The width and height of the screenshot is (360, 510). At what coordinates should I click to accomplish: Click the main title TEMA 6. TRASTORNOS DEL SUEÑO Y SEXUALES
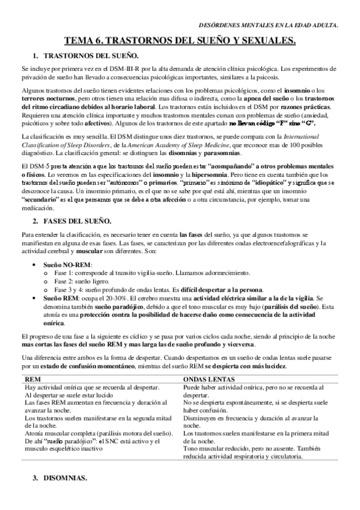180,41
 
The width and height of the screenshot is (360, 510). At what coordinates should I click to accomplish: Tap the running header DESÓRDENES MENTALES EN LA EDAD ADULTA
268,25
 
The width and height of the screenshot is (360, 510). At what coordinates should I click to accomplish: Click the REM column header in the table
31,379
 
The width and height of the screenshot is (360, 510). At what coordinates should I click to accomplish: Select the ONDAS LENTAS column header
208,379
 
